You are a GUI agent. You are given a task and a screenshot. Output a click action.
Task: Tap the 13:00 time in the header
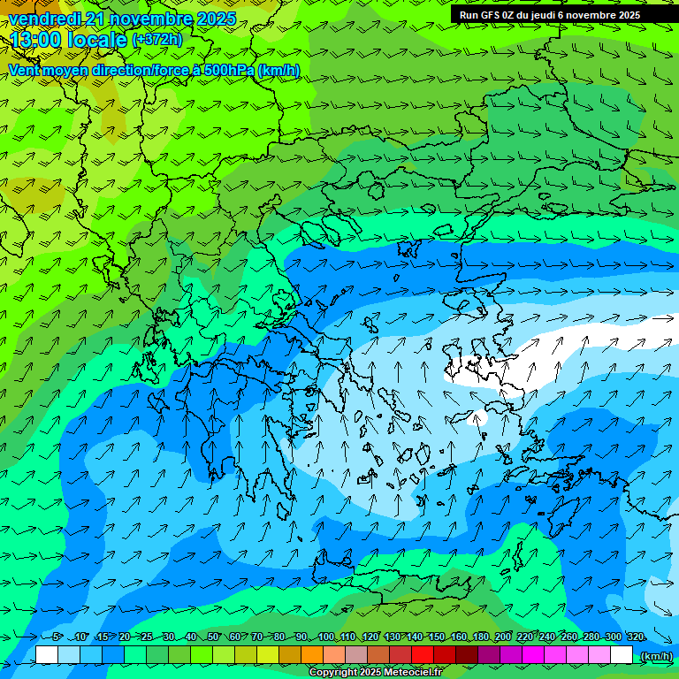[36, 40]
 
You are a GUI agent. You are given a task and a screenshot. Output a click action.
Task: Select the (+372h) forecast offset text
[158, 40]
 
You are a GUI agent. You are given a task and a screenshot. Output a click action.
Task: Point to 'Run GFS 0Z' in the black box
[487, 15]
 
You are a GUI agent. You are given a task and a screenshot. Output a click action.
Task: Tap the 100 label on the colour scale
[325, 637]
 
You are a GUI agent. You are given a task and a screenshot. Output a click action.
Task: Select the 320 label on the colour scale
[635, 637]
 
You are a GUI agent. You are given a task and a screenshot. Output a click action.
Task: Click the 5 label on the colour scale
[57, 637]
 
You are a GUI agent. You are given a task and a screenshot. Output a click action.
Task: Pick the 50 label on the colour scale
[213, 637]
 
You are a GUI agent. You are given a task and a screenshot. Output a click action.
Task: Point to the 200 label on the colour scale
[503, 637]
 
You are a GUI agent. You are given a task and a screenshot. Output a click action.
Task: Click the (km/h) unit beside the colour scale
[655, 656]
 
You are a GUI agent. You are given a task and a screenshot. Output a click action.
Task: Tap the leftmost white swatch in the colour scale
[47, 655]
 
